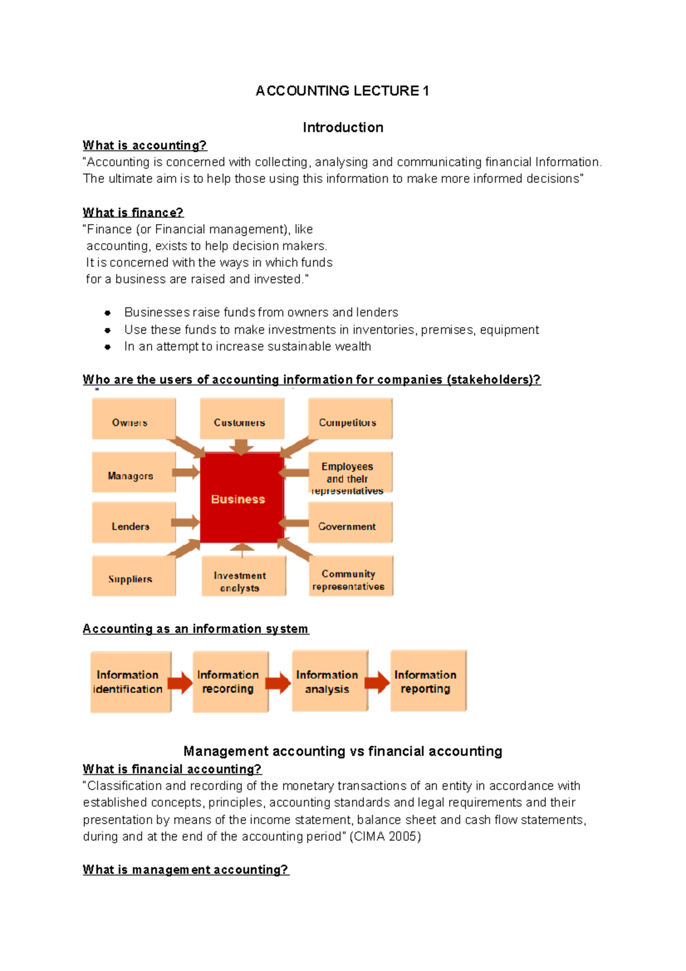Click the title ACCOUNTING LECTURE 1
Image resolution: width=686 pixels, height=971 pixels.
[342, 91]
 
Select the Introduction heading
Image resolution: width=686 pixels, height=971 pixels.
[343, 128]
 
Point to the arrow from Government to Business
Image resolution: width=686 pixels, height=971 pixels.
[294, 523]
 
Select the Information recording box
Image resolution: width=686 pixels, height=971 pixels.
[230, 682]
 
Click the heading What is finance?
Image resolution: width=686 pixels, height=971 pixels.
[133, 213]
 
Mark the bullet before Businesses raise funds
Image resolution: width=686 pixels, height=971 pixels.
[107, 313]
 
